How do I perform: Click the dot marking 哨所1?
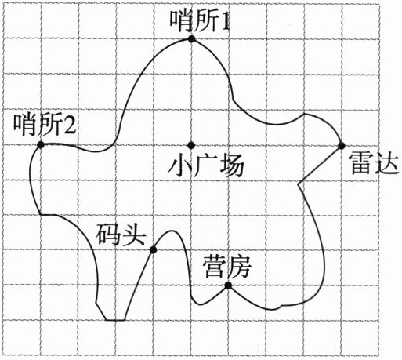pos(192,39)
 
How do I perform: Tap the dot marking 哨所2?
pos(41,144)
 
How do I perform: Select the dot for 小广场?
pos(191,145)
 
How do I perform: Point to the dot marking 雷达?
pos(341,145)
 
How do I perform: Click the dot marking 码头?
pos(153,250)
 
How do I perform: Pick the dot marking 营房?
pos(228,285)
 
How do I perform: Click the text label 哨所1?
pos(200,22)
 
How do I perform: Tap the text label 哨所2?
pos(45,124)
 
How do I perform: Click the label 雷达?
pos(374,163)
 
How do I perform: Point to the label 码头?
pos(121,235)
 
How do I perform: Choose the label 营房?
pos(227,267)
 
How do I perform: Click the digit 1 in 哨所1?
pos(225,23)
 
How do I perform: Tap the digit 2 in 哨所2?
pos(69,125)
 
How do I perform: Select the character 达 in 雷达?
pos(386,163)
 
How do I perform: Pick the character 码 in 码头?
pos(108,235)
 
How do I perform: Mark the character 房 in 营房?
pos(239,267)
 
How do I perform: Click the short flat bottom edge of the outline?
pos(115,320)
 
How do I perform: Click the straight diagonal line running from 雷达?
pos(321,164)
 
